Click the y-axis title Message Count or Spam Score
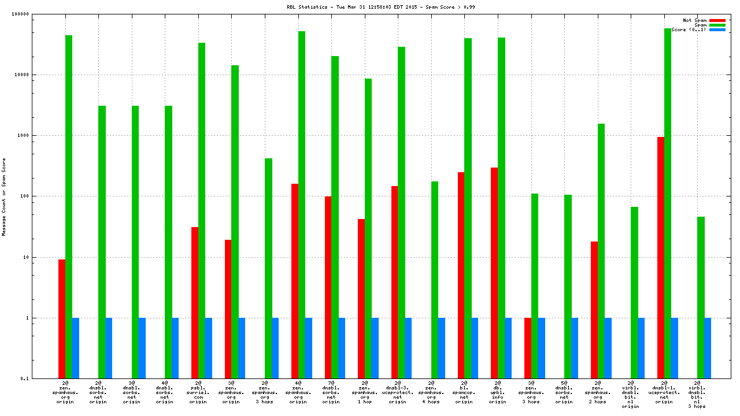(x=4, y=196)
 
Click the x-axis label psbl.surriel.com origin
(x=198, y=392)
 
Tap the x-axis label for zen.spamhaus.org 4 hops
(x=431, y=392)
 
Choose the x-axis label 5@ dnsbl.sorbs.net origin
(x=564, y=392)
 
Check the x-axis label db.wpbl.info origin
(x=497, y=392)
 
